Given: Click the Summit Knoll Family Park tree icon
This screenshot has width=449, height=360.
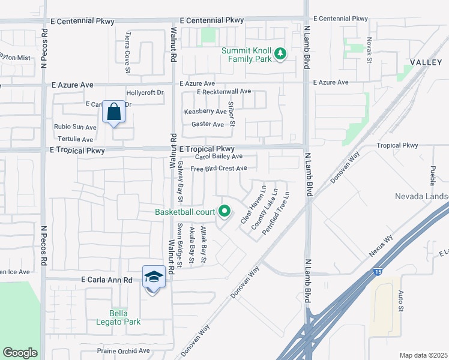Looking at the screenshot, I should point(280,55).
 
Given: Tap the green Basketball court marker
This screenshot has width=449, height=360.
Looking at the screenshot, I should point(224,211).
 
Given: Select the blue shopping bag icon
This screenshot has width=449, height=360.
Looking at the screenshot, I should point(113,112).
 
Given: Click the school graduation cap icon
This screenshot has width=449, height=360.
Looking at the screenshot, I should point(154,277).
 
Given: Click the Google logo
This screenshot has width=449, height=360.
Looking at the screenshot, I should point(20,353).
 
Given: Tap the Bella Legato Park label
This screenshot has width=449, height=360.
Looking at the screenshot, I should point(125,317).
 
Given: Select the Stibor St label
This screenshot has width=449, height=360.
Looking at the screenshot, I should point(232,113).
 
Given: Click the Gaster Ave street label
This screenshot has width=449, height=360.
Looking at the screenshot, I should point(207,124).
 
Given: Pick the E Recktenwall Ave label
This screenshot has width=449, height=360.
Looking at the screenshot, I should point(223,92).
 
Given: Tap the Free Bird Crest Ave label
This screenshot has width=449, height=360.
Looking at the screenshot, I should point(218,169).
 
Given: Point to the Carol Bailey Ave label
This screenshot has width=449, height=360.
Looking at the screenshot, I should point(218,156).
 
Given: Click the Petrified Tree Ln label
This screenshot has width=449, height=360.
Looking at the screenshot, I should point(276,213).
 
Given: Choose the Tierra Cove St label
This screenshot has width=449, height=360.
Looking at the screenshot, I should point(127,52).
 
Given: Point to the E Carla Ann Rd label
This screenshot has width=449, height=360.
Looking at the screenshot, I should point(106,280).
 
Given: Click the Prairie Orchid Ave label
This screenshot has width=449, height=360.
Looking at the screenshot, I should point(123,350).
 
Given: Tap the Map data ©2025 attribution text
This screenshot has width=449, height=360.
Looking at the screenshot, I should point(423,355).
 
